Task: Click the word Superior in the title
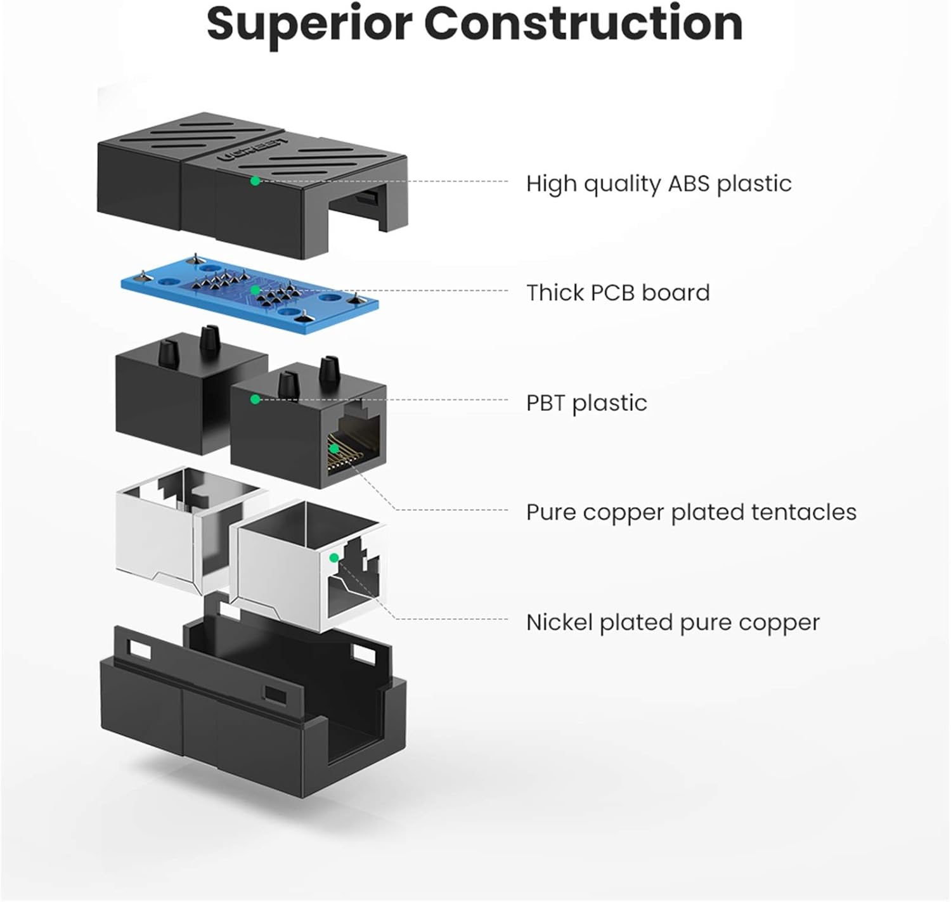[x=309, y=24]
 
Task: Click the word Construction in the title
[x=583, y=24]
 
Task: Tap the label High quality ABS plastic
[x=659, y=184]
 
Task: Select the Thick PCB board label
[x=618, y=293]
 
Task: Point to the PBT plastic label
[x=586, y=403]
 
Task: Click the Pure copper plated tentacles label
[x=691, y=512]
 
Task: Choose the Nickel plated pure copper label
[x=673, y=622]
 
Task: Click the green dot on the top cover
[x=255, y=181]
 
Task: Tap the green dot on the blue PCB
[x=255, y=290]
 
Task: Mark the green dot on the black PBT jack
[x=255, y=399]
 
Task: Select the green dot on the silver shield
[x=333, y=558]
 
